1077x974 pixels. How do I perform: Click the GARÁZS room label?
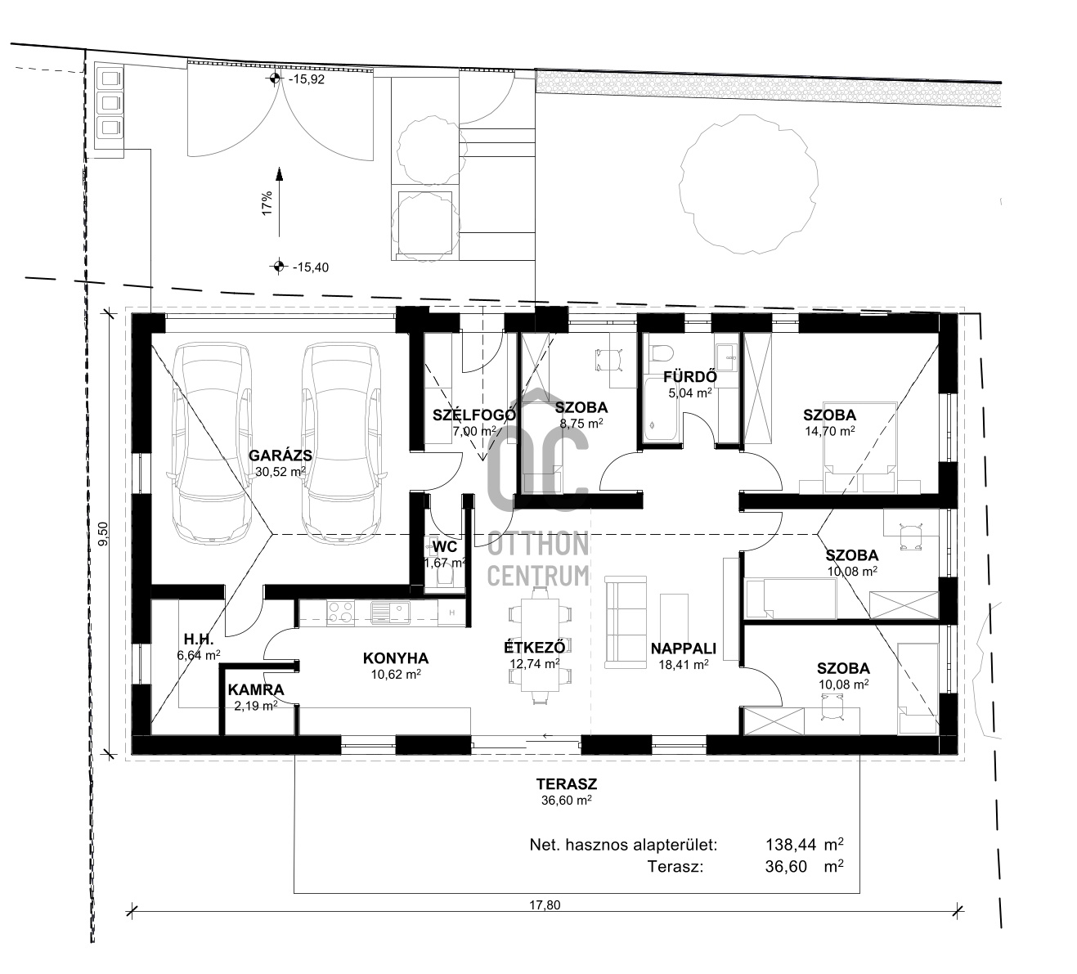[280, 456]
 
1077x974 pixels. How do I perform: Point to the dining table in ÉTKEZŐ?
[539, 645]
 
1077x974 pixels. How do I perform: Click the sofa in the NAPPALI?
[626, 622]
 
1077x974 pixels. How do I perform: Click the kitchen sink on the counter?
[390, 613]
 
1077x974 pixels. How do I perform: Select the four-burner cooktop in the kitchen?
[340, 613]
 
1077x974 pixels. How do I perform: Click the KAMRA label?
[256, 690]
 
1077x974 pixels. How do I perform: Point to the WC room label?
[445, 546]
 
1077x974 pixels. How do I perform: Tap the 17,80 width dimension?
[545, 905]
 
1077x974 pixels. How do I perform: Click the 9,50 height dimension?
[104, 534]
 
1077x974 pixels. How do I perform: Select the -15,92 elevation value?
[307, 79]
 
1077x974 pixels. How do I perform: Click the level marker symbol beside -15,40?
[278, 266]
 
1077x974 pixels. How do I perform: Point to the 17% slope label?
[267, 203]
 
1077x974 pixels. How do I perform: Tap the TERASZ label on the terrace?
[567, 784]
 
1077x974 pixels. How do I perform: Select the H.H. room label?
[199, 639]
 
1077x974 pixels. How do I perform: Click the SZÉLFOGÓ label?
[473, 415]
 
